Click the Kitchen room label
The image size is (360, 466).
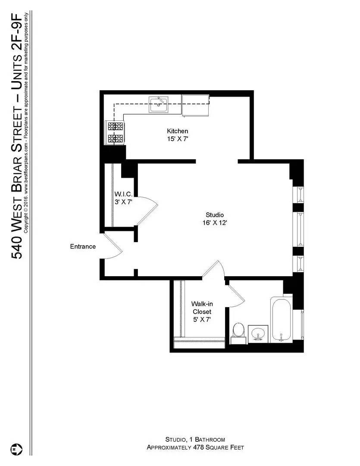pyautogui.click(x=178, y=131)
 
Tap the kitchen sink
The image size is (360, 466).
pyautogui.click(x=159, y=104)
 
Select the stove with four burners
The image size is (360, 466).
pyautogui.click(x=115, y=132)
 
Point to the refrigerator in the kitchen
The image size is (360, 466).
pyautogui.click(x=195, y=105)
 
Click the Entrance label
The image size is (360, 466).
pyautogui.click(x=83, y=247)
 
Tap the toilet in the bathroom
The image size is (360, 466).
pyautogui.click(x=238, y=332)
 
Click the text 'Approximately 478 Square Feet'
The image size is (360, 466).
pyautogui.click(x=195, y=447)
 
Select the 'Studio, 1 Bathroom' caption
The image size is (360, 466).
pyautogui.click(x=195, y=439)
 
